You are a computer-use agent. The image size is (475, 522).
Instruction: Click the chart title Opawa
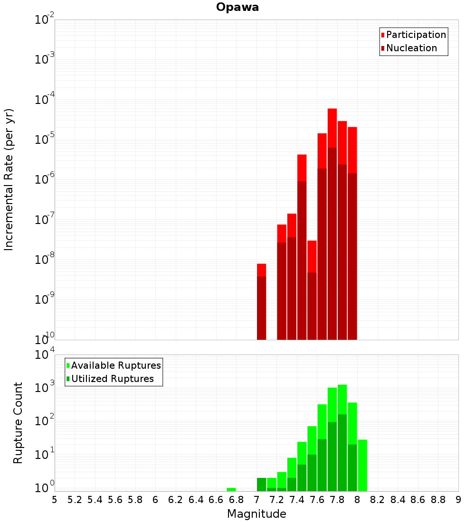(x=237, y=7)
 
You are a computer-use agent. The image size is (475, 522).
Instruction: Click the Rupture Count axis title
(x=18, y=423)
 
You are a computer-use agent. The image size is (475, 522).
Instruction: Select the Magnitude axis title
(x=256, y=514)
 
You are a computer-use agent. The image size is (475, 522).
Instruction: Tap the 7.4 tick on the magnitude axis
(x=297, y=500)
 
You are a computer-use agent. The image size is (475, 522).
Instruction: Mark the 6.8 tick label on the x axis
(x=236, y=500)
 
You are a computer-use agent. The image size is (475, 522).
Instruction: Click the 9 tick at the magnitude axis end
(x=458, y=500)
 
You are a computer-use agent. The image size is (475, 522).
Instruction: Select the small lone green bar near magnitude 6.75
(x=231, y=489)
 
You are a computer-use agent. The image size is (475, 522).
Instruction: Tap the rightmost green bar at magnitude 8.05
(x=362, y=465)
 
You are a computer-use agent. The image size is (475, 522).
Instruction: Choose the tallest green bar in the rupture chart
(x=342, y=437)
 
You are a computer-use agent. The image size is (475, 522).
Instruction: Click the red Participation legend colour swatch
(x=383, y=35)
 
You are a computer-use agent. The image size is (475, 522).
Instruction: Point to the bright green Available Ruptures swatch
(x=68, y=365)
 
